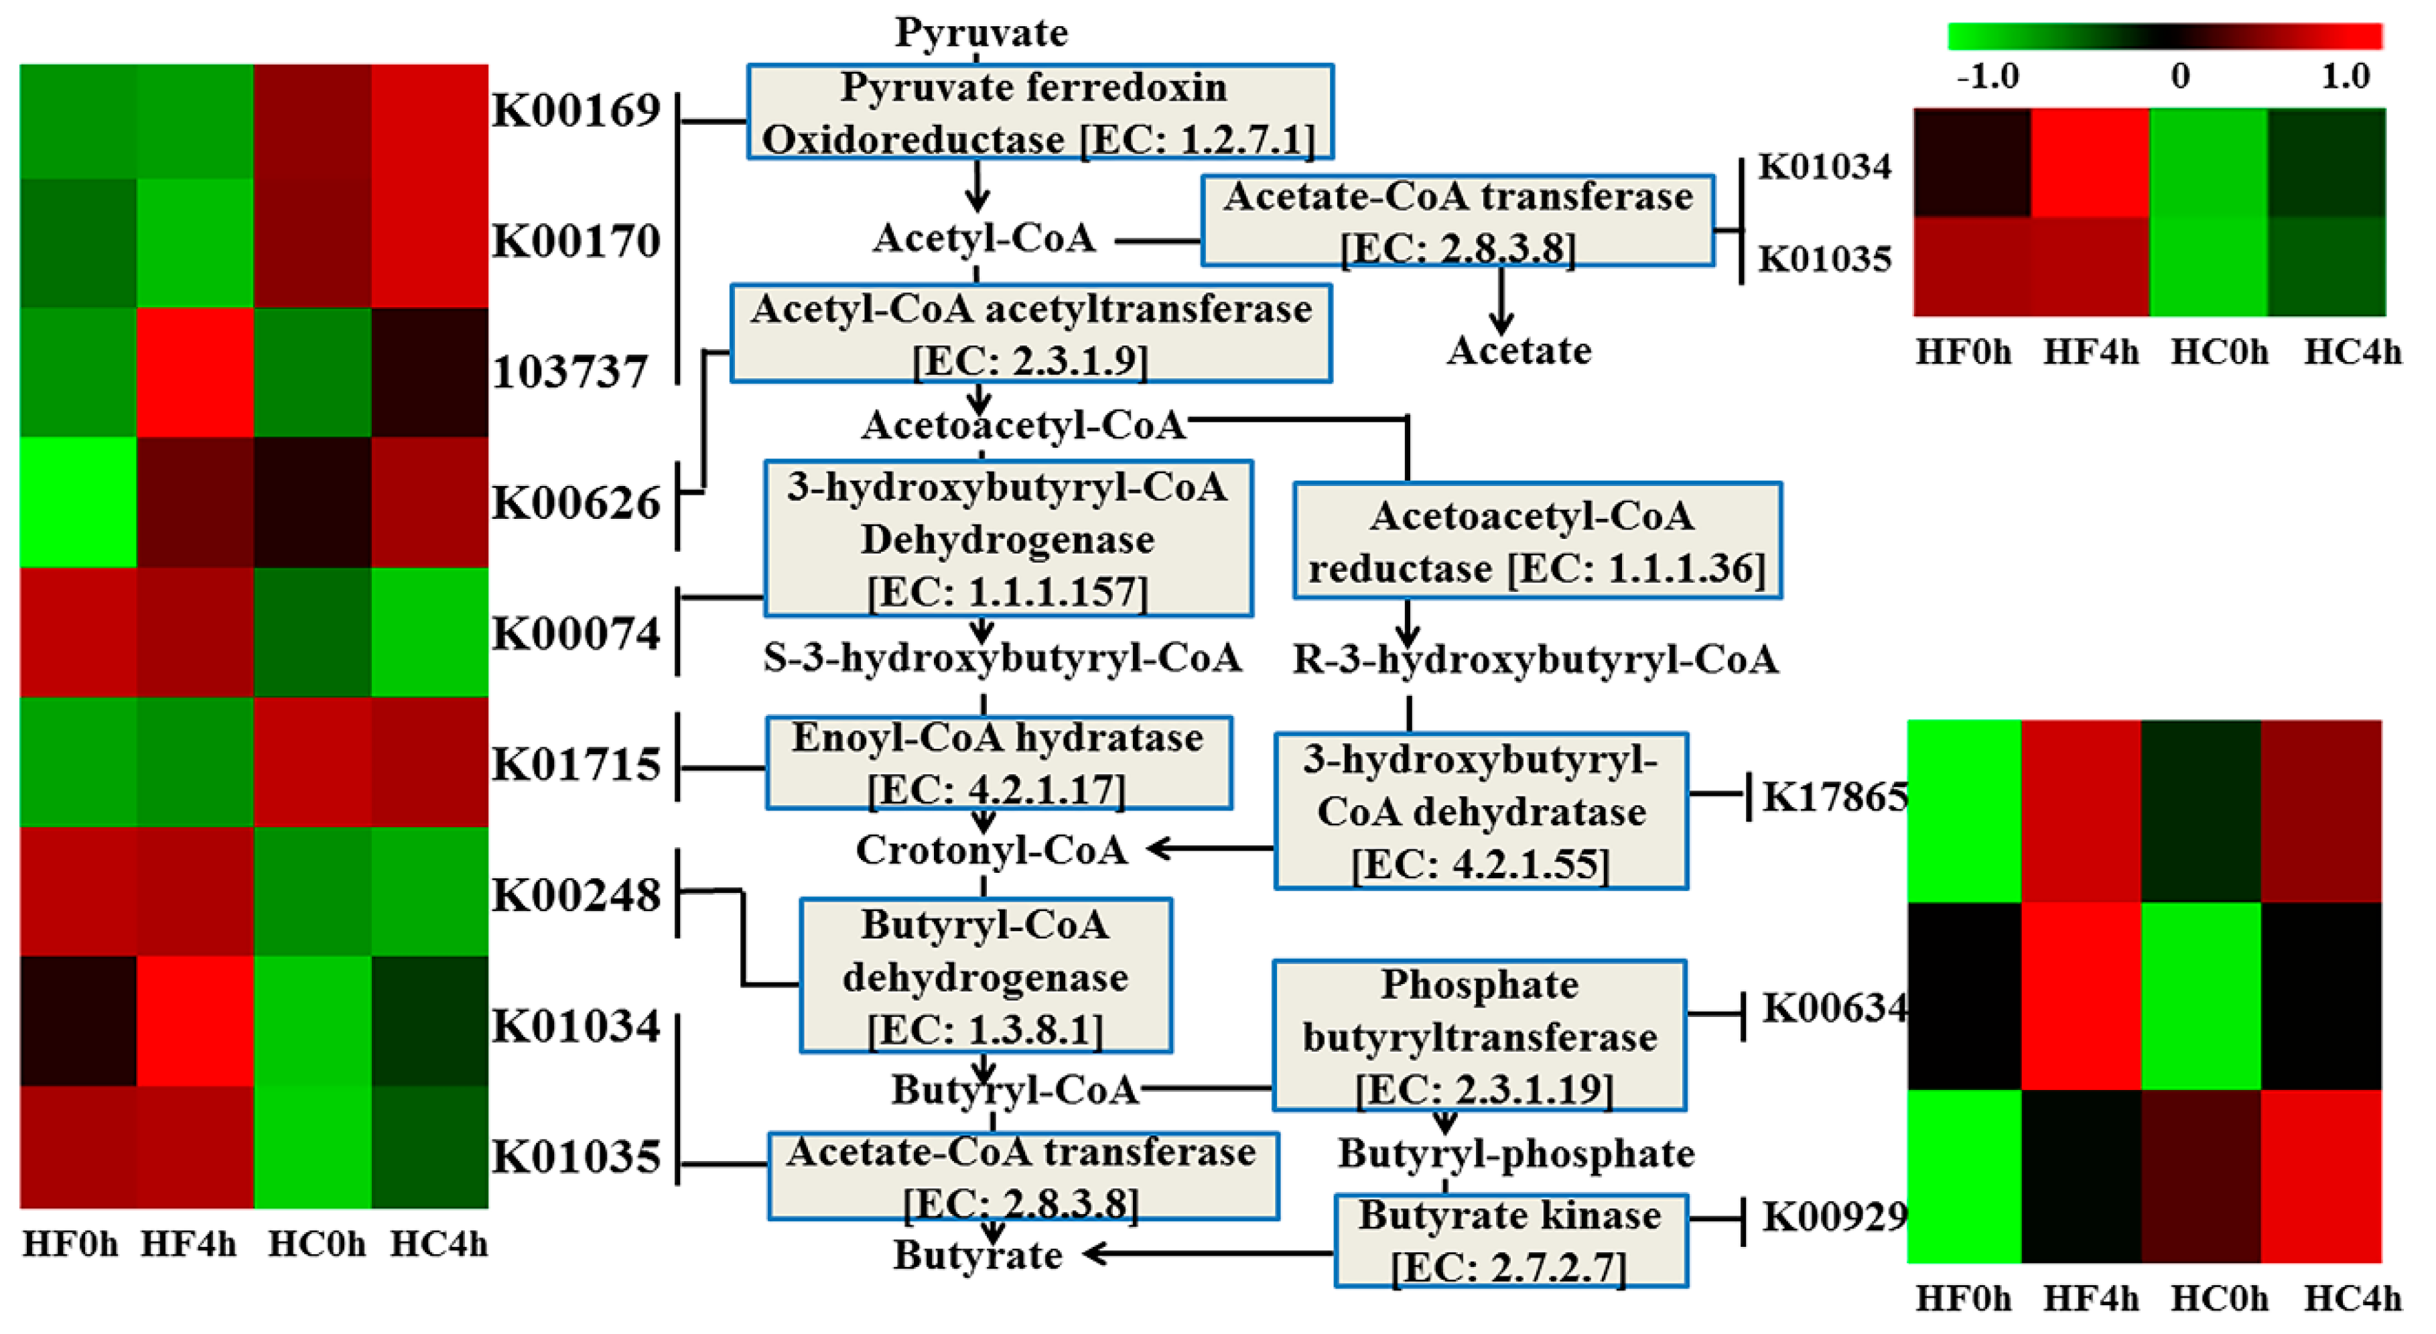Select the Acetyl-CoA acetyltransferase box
[x=1031, y=333]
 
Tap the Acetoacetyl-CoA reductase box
[x=1537, y=541]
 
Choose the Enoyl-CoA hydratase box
[x=998, y=763]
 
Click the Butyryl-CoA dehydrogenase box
[x=986, y=975]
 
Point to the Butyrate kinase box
[x=1510, y=1239]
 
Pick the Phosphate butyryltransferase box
[x=1479, y=1036]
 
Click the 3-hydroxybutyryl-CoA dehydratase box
[x=1480, y=811]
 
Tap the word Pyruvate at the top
[x=982, y=32]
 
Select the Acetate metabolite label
[x=1519, y=350]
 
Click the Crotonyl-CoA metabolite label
[x=991, y=849]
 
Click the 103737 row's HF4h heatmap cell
[x=195, y=372]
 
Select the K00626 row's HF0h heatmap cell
[x=78, y=502]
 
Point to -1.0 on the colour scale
[x=1987, y=76]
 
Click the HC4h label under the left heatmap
[x=439, y=1244]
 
